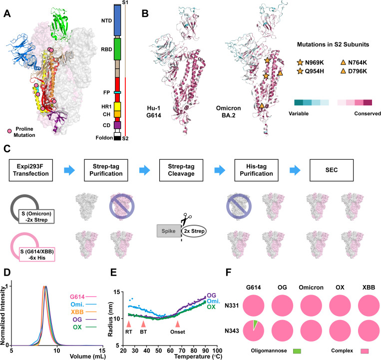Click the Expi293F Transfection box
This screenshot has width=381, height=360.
31,170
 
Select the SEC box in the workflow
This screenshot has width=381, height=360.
332,170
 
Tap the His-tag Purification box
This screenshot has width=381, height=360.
256,170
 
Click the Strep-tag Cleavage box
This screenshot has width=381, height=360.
181,170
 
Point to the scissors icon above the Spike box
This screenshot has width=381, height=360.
186,219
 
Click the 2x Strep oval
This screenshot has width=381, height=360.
194,231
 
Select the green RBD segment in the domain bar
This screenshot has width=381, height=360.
117,49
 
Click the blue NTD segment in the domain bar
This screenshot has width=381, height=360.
117,20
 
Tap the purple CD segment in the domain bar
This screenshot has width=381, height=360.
117,125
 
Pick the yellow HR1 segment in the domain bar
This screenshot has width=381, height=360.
117,106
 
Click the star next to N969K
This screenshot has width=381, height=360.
300,62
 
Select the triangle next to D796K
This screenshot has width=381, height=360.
343,71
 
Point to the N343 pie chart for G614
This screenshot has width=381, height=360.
254,331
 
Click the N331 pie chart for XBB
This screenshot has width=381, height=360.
369,306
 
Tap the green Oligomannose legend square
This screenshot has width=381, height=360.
297,351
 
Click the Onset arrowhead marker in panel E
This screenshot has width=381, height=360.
178,324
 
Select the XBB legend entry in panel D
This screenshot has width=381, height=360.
83,312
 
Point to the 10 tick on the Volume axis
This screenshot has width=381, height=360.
57,346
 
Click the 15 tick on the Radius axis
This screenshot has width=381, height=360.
121,292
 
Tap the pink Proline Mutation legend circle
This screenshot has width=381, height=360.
9,131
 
